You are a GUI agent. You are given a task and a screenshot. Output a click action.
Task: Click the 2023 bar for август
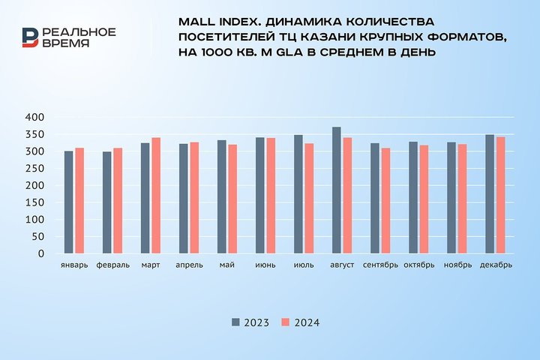(337, 190)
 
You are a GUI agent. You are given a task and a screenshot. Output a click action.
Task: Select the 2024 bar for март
(156, 196)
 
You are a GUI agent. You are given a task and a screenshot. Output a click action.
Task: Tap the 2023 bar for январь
(69, 202)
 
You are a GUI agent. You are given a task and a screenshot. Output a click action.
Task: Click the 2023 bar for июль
(298, 194)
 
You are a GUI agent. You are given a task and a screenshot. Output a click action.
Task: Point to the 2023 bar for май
(222, 197)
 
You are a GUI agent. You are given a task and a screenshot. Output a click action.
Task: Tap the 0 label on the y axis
(43, 254)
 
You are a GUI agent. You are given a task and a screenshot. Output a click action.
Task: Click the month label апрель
(188, 265)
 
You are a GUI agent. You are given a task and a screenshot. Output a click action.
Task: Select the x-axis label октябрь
(418, 265)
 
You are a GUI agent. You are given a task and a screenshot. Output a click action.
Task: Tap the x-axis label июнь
(265, 265)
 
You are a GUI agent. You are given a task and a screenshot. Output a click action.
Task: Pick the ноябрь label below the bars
(457, 265)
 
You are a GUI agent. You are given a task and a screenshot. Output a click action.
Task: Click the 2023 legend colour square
(235, 322)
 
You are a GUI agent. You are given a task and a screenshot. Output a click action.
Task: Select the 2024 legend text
(307, 322)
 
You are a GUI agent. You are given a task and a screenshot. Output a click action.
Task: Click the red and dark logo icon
(30, 37)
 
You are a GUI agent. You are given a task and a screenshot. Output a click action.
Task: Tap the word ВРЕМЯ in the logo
(66, 43)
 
